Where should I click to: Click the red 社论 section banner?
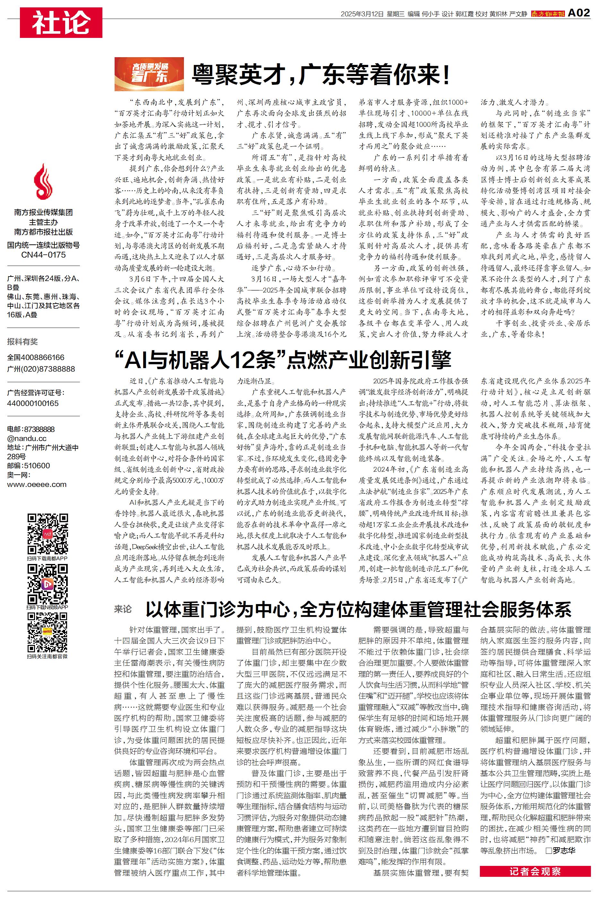61,22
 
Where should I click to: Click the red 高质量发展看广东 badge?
149,74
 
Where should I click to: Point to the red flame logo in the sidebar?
43,182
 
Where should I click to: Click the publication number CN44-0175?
43,254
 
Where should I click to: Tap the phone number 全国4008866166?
36,357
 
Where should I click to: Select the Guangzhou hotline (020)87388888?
41,369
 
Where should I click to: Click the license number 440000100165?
33,403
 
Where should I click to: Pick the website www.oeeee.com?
37,484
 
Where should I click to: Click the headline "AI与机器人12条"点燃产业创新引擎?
282,360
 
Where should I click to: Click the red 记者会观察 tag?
535,871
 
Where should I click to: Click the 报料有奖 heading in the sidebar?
22,341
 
